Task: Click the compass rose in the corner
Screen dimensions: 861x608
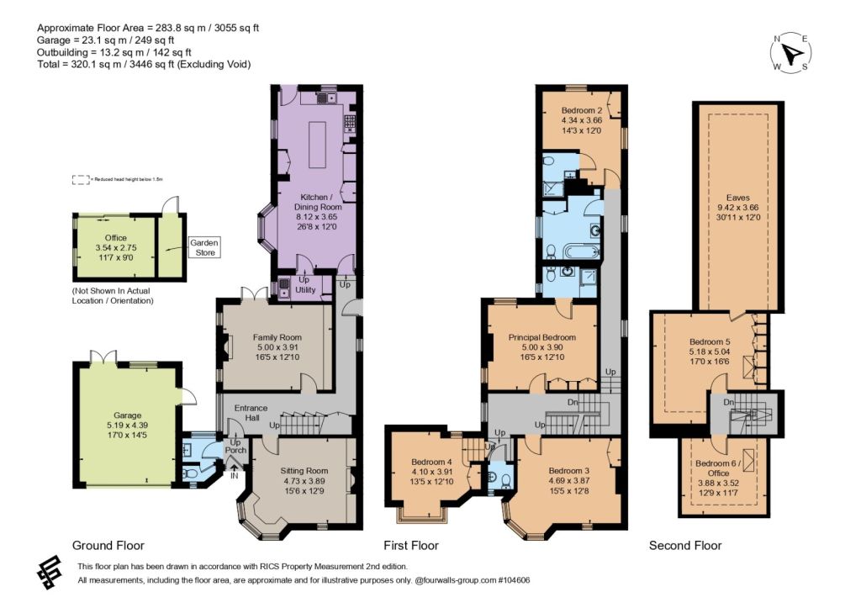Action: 790,53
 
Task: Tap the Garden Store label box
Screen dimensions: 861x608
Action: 205,247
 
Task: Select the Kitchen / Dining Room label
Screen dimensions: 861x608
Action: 318,202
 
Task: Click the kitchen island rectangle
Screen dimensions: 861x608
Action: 317,145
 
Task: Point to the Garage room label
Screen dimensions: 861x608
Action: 128,415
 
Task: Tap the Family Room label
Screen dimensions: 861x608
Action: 277,337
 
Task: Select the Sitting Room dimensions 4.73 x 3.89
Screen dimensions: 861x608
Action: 304,480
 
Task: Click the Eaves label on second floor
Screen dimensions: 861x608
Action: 737,198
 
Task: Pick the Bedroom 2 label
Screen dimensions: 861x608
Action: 582,110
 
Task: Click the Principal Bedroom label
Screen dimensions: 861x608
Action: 542,337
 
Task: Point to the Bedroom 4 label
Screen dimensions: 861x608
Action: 431,462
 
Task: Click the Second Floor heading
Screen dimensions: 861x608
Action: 685,546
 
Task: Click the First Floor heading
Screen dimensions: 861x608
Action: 411,546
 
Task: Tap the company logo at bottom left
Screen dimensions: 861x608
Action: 50,573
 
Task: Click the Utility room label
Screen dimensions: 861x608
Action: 305,289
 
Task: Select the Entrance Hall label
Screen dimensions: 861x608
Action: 251,412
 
